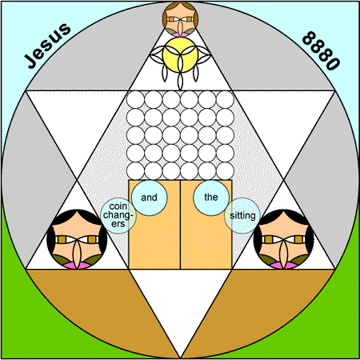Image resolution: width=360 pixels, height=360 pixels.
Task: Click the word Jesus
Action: (47, 46)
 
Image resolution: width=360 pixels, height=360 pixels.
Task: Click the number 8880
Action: (322, 50)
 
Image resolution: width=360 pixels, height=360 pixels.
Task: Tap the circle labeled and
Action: (150, 198)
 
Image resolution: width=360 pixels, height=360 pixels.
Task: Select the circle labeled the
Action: (211, 198)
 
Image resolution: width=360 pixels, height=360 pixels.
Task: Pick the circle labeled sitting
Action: (242, 215)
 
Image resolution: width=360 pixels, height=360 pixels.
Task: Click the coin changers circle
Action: (118, 215)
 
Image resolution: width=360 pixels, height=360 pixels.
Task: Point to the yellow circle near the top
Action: (181, 54)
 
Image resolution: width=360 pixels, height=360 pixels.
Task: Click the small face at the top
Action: (181, 19)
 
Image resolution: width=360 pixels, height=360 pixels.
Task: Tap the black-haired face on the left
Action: (77, 239)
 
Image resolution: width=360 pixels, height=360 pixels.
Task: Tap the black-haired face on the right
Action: (283, 239)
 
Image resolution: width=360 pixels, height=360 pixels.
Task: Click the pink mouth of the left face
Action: (77, 266)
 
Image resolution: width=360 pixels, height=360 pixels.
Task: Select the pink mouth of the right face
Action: (283, 266)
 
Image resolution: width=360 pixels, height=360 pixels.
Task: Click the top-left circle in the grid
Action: (135, 100)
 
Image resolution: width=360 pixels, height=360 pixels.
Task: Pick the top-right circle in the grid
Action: (225, 100)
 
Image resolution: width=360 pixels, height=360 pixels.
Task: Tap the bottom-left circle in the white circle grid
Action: (135, 171)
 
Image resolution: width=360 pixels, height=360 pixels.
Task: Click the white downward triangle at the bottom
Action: (181, 298)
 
